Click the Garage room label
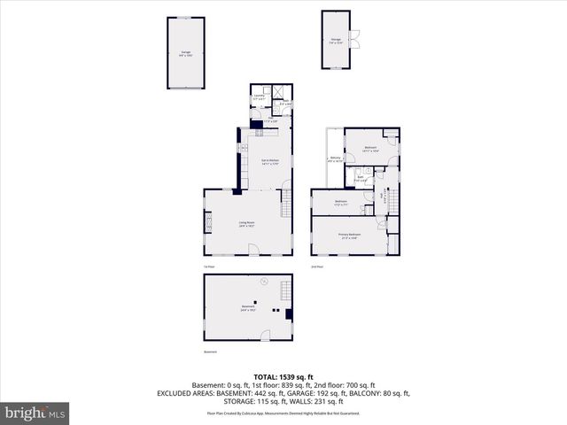click(x=186, y=54)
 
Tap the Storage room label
click(x=337, y=41)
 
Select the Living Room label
click(x=246, y=224)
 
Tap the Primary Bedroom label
click(x=347, y=236)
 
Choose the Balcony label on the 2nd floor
click(x=335, y=160)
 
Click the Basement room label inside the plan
click(x=247, y=308)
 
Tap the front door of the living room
click(x=254, y=252)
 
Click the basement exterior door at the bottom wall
click(x=263, y=335)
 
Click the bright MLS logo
click(x=35, y=413)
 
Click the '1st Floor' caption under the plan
click(x=210, y=267)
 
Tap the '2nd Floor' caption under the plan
click(x=316, y=267)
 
